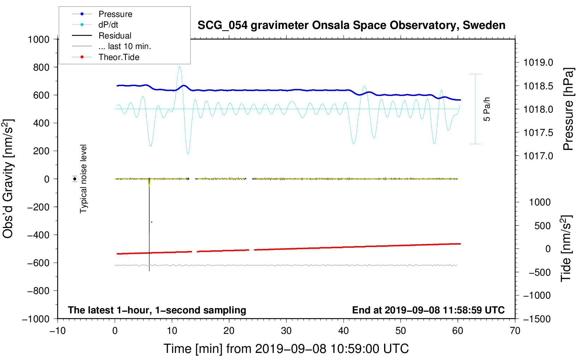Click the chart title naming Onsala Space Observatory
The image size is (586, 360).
point(351,25)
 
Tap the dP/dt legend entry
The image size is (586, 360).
point(108,25)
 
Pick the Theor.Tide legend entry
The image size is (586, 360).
point(119,57)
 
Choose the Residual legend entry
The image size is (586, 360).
point(115,36)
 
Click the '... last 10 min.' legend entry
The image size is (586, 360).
point(125,46)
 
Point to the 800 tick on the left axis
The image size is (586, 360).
point(41,67)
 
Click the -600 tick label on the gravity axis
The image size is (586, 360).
point(38,263)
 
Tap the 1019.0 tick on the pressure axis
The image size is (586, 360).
point(538,62)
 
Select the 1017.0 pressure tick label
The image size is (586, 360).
point(538,156)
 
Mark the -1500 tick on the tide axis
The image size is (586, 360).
point(537,319)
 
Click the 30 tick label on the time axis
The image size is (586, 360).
point(286,331)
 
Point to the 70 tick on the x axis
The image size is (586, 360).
point(515,331)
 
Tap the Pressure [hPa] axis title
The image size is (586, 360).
point(568,109)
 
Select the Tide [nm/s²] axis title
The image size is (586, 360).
point(566,248)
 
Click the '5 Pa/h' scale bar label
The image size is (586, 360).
point(487,109)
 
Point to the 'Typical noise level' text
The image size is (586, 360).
point(83,179)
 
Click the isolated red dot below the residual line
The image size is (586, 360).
point(151,222)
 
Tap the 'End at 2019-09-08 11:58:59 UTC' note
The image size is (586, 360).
point(428,310)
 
